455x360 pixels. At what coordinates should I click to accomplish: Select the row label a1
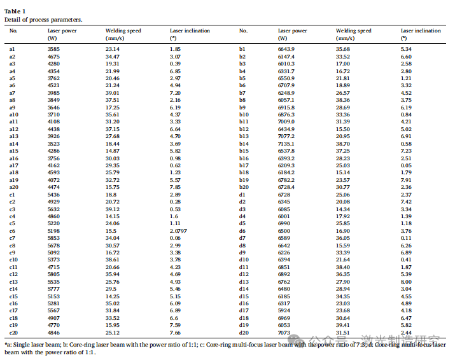(x=12, y=49)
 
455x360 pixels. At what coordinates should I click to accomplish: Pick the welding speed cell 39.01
(x=113, y=93)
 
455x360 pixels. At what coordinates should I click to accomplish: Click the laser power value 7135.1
(x=286, y=144)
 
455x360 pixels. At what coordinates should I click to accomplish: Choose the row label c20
(x=13, y=333)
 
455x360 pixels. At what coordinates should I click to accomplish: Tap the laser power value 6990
(x=284, y=224)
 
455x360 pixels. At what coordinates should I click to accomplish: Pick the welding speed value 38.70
(x=343, y=144)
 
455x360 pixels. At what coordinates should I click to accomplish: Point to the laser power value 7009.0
(x=286, y=121)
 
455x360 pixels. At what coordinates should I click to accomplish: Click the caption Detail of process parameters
(x=43, y=20)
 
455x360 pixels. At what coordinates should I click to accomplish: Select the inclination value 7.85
(x=176, y=187)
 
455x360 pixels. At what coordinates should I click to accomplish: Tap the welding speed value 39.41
(x=343, y=325)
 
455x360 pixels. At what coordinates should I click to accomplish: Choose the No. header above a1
(x=13, y=31)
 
